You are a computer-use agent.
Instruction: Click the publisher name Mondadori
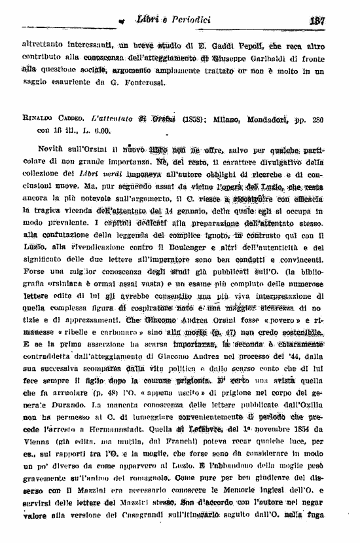[x=276, y=118]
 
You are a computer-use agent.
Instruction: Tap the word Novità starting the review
[x=54, y=150]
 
